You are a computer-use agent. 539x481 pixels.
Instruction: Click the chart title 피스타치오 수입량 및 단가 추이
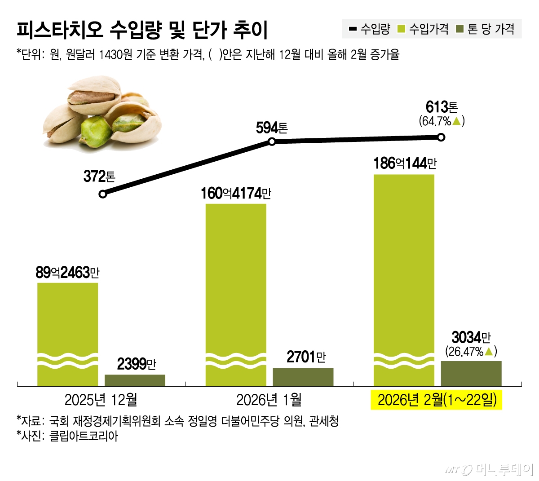[x=142, y=30]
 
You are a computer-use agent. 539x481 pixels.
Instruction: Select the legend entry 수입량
[x=370, y=29]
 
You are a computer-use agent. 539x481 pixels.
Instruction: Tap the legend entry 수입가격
[x=424, y=29]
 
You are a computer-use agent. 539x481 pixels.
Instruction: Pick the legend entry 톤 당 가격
[x=485, y=29]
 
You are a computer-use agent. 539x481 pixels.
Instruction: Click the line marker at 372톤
[x=103, y=194]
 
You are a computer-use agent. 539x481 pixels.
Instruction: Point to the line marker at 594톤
[x=272, y=142]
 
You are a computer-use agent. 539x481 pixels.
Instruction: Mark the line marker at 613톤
[x=441, y=137]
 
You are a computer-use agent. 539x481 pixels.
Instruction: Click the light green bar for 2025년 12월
[x=67, y=323]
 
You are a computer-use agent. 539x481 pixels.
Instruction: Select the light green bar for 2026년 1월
[x=236, y=287]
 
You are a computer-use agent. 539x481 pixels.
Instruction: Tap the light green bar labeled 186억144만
[x=404, y=269]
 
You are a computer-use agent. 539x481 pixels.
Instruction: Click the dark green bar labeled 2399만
[x=135, y=380]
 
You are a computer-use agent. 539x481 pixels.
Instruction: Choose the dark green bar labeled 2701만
[x=303, y=377]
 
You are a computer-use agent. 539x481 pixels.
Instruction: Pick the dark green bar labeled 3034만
[x=471, y=373]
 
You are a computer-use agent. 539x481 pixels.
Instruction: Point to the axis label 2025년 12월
[x=101, y=400]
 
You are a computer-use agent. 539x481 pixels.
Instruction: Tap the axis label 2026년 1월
[x=269, y=400]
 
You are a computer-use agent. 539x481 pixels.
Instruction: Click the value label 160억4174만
[x=236, y=193]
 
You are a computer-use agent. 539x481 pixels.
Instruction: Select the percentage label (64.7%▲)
[x=441, y=121]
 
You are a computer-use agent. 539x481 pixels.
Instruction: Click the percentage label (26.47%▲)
[x=471, y=351]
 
